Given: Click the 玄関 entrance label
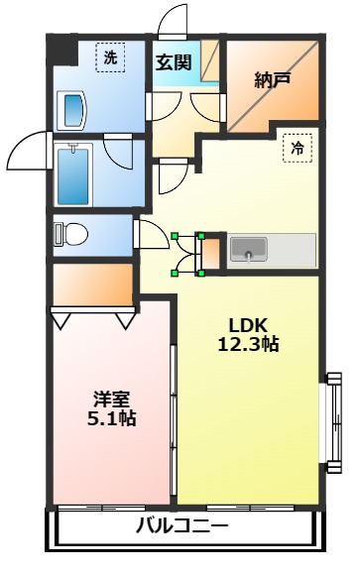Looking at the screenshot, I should click(173, 62).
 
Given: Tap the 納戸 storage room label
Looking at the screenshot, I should click(271, 80).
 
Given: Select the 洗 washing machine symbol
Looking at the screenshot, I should click(110, 58).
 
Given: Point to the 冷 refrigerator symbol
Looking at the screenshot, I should click(297, 147).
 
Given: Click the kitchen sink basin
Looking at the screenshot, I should click(248, 249).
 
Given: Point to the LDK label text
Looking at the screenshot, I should click(249, 325).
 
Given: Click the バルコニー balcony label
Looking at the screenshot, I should click(183, 526).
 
